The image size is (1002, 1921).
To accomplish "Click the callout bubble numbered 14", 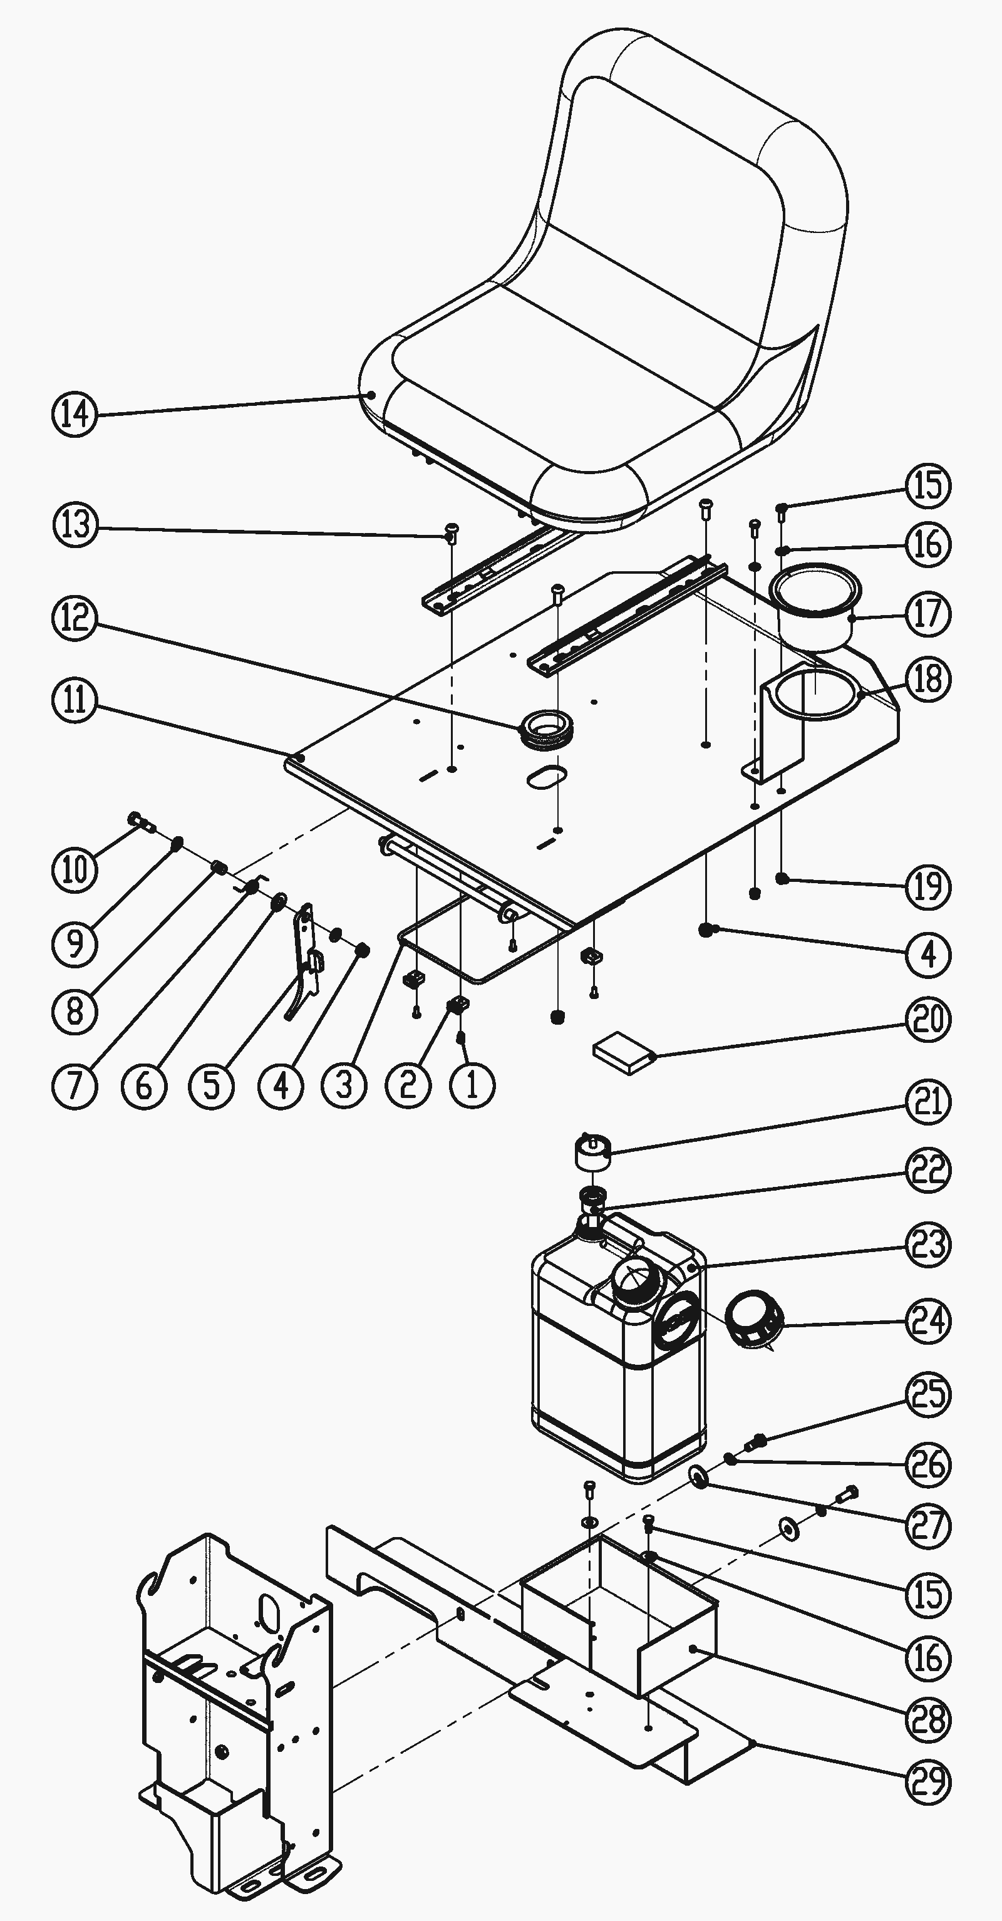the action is tap(75, 414).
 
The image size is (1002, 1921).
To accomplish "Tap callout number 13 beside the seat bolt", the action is tap(75, 525).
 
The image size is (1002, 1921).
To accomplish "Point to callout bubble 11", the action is tap(75, 702).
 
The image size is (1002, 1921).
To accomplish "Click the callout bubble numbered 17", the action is tap(928, 614).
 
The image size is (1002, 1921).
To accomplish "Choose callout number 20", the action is tap(928, 1020).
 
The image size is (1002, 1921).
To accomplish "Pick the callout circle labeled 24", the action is tap(928, 1322).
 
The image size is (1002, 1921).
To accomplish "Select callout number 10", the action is tap(75, 869).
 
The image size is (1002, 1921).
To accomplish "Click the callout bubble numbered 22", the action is tap(928, 1170).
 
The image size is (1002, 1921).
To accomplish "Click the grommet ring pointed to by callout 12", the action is tap(548, 727).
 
